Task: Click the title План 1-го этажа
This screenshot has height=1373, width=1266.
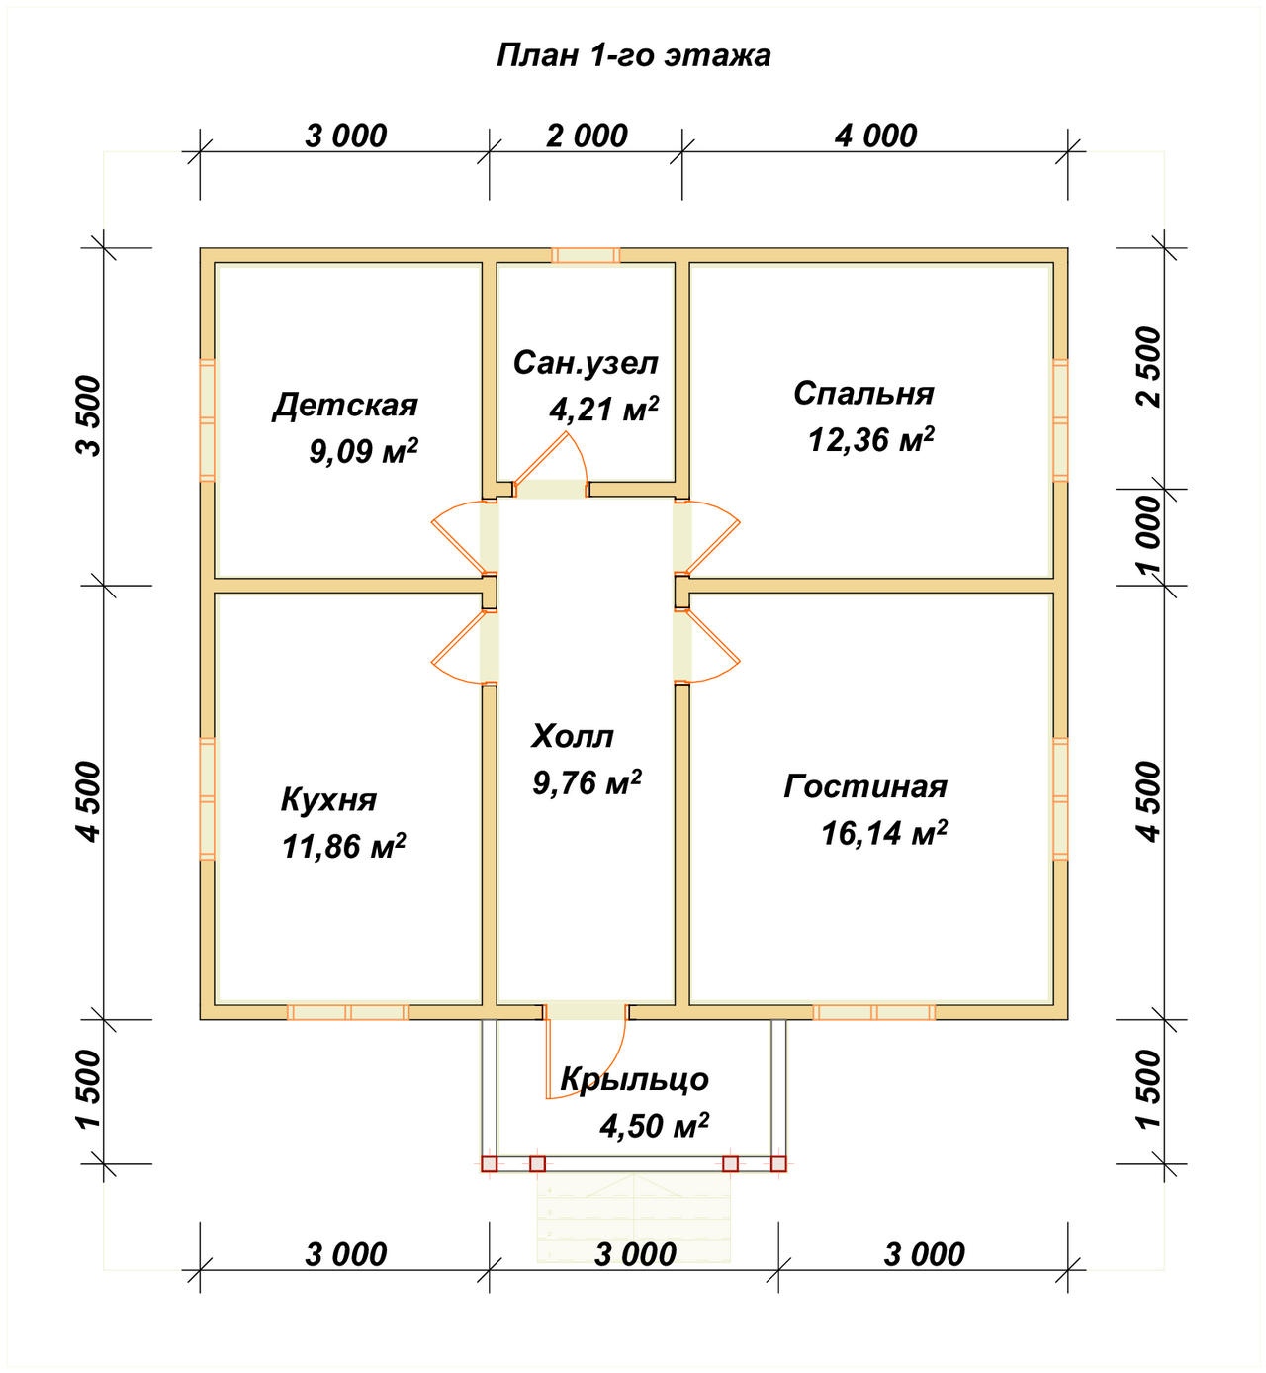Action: tap(633, 56)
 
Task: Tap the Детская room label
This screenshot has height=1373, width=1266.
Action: tap(345, 406)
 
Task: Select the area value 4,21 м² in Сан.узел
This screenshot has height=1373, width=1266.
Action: tap(603, 410)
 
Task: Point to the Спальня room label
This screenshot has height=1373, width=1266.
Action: tap(863, 394)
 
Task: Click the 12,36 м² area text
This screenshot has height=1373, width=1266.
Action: tap(871, 439)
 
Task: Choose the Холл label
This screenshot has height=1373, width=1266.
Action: tap(573, 737)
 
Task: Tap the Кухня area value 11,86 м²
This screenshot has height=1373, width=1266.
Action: tap(343, 846)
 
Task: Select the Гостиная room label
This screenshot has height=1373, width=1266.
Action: tap(865, 786)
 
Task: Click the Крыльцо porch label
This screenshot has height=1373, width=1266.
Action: tap(634, 1079)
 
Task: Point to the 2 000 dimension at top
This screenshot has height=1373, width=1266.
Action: tap(588, 136)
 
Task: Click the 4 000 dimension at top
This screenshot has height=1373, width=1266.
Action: tap(876, 136)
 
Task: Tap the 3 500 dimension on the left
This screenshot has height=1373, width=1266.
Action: tap(88, 415)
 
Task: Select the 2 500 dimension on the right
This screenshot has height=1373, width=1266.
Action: tap(1149, 367)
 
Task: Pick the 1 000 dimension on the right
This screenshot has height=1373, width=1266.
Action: tap(1149, 534)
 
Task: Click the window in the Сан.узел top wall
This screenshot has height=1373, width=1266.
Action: tap(586, 256)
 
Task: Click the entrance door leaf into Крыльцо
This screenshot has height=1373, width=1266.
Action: tap(546, 1058)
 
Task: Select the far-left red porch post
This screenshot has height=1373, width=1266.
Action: tap(489, 1164)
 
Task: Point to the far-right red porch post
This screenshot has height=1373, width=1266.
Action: tap(778, 1164)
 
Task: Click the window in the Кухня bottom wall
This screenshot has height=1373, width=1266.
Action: tap(348, 1012)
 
